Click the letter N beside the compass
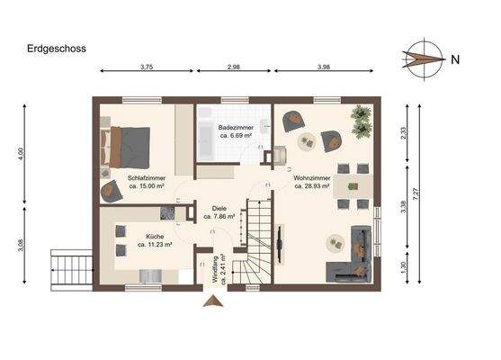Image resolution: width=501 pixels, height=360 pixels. (x=455, y=60)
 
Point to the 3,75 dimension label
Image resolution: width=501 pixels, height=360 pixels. (x=146, y=67)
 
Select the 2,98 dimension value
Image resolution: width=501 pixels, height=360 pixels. (x=234, y=67)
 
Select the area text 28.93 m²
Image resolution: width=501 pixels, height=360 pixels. (x=312, y=186)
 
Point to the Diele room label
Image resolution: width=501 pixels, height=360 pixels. (x=219, y=208)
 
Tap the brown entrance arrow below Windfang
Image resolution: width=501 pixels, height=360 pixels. (x=213, y=301)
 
